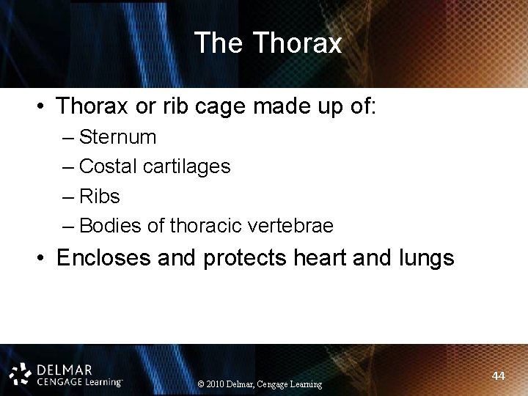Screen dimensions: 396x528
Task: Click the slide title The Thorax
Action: pyautogui.click(x=268, y=44)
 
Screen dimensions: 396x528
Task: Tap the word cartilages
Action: pyautogui.click(x=189, y=167)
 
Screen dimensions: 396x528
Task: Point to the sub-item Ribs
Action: pyautogui.click(x=99, y=197)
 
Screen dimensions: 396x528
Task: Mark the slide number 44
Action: pyautogui.click(x=498, y=375)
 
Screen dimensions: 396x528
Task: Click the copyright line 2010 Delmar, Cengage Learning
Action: pyautogui.click(x=260, y=384)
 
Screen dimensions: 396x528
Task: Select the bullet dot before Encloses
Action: pyautogui.click(x=42, y=259)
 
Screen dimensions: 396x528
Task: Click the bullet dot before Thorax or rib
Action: pyautogui.click(x=42, y=107)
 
